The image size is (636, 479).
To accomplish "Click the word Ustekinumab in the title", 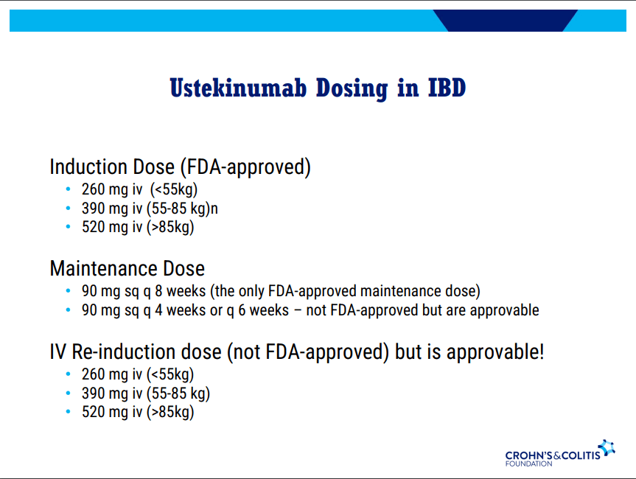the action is (238, 88).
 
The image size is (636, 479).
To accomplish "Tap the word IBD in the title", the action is (447, 88).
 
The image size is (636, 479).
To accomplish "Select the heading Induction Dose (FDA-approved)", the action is (180, 167).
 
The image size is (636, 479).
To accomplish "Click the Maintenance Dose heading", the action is (127, 268).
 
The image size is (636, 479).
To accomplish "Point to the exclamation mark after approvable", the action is (542, 352).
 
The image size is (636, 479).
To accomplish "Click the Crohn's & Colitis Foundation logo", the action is (560, 453).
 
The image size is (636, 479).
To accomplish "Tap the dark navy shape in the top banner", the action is (506, 21).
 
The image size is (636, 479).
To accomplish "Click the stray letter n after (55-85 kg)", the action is (214, 209).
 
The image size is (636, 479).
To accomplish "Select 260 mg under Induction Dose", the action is (105, 189).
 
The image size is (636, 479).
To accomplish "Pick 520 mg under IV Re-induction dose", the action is (105, 412).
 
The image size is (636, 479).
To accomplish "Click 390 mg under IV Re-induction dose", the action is (105, 393).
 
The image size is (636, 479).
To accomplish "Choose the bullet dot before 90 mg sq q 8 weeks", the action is (68, 291).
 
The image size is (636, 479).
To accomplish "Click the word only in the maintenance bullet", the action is (251, 291).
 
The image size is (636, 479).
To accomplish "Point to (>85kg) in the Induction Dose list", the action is (170, 227).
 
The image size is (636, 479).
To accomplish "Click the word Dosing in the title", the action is (352, 88).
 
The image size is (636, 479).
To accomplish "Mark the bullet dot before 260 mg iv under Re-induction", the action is (68, 374).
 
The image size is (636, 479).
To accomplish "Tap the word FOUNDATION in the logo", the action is (528, 464).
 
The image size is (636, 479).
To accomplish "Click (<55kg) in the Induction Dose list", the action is (174, 189).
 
